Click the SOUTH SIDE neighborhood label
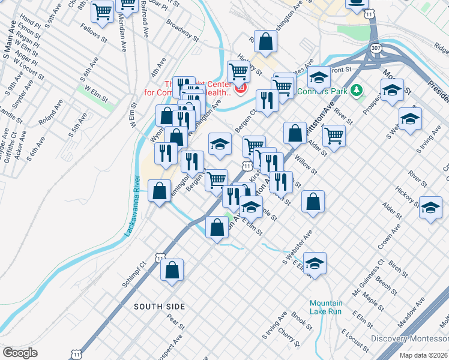coord(159,307)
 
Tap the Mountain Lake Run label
coord(326,307)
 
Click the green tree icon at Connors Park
coord(358,91)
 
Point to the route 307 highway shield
coord(376,48)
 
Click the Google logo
coord(20,352)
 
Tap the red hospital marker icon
coord(241,89)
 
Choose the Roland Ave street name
coord(51,114)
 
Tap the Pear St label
coord(175,321)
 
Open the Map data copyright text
coord(424,355)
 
